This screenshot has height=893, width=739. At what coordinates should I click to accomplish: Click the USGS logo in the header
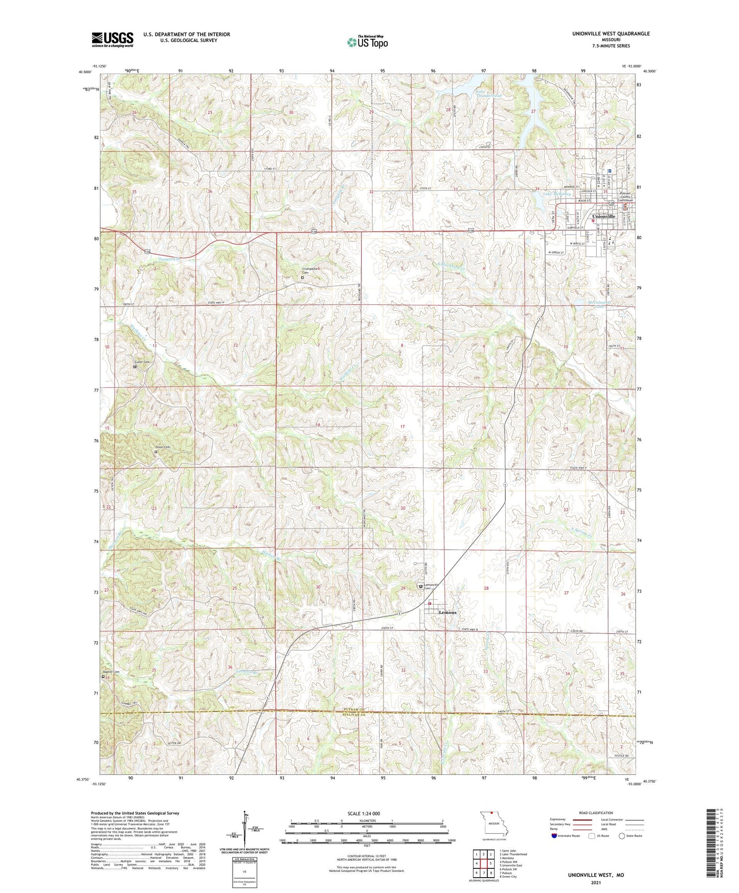click(113, 39)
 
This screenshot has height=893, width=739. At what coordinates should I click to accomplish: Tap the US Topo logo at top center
click(367, 42)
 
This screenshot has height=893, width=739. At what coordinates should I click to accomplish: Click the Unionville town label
click(603, 216)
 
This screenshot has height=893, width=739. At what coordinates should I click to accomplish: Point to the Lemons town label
click(447, 612)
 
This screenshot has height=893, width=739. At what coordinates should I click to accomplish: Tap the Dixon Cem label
click(163, 447)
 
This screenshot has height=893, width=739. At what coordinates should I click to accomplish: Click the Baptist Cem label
click(110, 672)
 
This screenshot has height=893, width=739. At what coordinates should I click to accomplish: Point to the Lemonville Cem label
click(431, 586)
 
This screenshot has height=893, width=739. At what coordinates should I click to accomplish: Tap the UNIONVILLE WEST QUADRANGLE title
click(611, 34)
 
